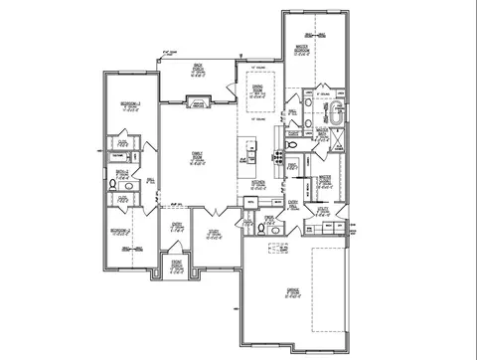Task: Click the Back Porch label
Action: point(197,71)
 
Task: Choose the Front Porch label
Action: point(176,267)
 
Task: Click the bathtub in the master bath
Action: point(338,111)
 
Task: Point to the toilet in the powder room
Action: point(260,228)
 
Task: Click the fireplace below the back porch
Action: point(197,102)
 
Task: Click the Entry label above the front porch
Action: point(176,226)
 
